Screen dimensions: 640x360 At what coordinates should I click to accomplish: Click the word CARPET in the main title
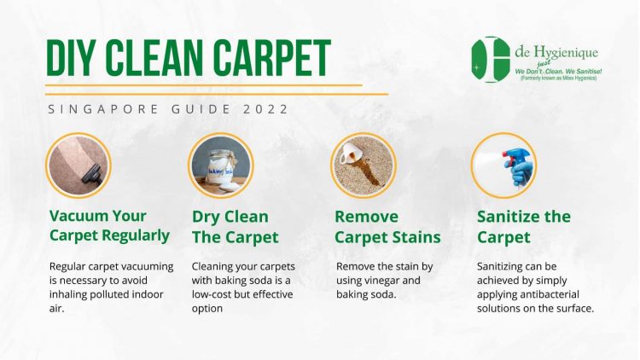coord(271,58)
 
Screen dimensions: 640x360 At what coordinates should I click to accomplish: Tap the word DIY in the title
coord(72,58)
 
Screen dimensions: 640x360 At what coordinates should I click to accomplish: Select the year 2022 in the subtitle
coord(265,109)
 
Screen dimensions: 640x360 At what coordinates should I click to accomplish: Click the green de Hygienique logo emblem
coord(491,60)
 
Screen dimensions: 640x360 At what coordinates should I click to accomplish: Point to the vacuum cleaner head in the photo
coord(92,174)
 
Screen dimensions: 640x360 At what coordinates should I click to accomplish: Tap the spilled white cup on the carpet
coord(351,152)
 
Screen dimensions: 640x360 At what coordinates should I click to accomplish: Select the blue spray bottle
coord(518,166)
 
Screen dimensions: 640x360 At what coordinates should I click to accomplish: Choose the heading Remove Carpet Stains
coord(387,227)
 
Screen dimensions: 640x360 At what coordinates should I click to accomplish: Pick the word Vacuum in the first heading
coord(73,216)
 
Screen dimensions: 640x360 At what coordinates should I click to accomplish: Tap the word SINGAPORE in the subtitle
coord(103,109)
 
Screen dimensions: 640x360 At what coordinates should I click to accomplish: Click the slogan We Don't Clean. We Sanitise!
coord(558,72)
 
